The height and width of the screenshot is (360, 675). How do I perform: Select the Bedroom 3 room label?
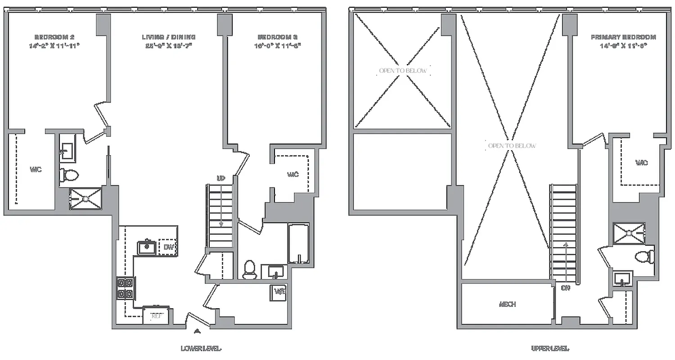tap(279, 37)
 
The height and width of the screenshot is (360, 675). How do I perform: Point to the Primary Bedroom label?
tap(623, 37)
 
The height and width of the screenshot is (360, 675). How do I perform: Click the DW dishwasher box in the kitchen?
tap(169, 247)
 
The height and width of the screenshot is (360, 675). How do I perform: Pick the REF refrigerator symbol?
tap(156, 316)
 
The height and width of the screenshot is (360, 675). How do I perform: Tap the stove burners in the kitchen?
tap(126, 288)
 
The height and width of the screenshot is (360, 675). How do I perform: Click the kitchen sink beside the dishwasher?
tap(147, 247)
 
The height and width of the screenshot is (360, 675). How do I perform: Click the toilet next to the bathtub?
tap(249, 270)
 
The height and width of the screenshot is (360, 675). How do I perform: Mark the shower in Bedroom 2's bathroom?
tap(85, 198)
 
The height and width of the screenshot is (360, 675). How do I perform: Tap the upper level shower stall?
tap(629, 233)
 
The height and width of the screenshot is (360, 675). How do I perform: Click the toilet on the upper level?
tap(644, 257)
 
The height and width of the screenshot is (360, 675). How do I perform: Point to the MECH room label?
tap(507, 304)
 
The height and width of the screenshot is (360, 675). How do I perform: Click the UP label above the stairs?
tap(220, 179)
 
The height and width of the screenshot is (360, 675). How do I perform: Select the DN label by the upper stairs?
tap(565, 288)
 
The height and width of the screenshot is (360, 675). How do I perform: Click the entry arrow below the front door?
tap(197, 332)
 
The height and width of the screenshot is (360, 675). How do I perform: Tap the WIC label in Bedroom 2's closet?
tap(36, 170)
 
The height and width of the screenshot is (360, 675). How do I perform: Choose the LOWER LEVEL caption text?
tap(201, 348)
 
